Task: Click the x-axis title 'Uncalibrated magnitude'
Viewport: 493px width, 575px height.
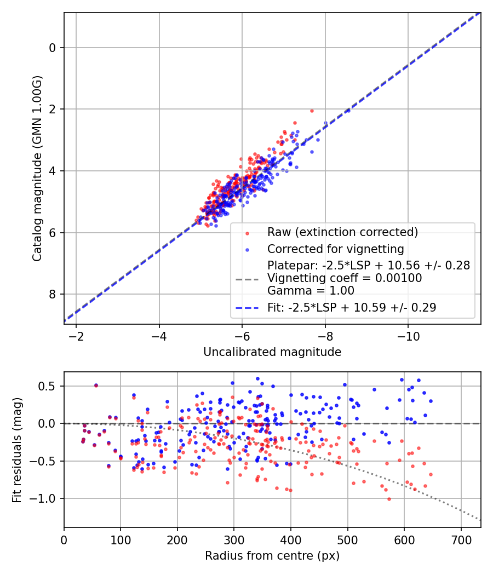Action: [x=272, y=352]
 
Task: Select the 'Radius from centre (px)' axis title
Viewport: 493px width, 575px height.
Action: [x=272, y=556]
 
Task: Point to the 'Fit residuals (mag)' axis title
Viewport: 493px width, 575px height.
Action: [x=17, y=449]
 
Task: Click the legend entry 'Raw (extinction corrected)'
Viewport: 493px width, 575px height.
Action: [x=342, y=232]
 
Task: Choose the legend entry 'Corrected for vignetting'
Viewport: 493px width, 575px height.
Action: [x=335, y=249]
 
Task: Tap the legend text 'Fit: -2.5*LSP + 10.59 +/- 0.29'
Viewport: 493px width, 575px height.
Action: [x=352, y=308]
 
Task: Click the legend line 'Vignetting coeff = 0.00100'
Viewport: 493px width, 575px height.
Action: [x=345, y=278]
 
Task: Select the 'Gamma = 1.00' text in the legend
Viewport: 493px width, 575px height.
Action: [x=311, y=290]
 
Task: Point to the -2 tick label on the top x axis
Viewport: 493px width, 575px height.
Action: [x=76, y=335]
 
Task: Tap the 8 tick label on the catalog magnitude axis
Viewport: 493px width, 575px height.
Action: [x=53, y=295]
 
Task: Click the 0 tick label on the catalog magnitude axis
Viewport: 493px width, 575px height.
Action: [x=53, y=48]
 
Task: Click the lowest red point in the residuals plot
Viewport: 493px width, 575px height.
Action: [x=389, y=499]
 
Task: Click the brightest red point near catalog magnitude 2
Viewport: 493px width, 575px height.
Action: [x=312, y=111]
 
